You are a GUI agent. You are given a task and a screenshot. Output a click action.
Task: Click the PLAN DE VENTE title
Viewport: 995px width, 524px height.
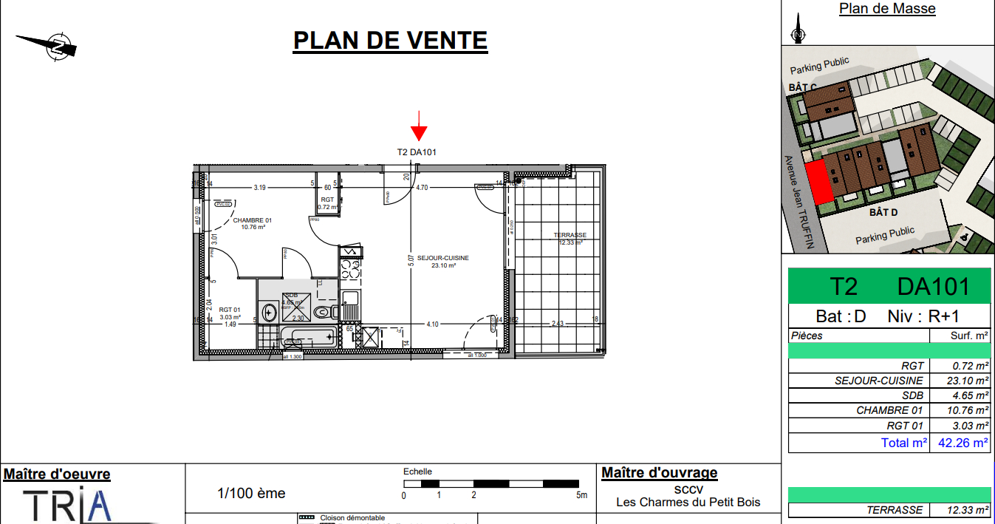(390, 40)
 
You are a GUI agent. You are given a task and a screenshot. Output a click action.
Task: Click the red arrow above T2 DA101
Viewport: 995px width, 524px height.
(419, 126)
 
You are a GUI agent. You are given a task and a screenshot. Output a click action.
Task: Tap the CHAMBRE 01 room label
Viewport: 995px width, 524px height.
(253, 223)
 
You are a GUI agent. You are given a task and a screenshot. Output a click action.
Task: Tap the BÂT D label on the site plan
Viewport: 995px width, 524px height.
(883, 213)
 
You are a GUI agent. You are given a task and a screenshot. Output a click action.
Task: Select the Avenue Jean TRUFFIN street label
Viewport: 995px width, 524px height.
(798, 202)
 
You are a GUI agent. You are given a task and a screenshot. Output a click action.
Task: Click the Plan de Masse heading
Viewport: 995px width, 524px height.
(887, 9)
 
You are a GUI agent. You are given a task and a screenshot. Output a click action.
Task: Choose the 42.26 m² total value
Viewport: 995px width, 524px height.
(962, 443)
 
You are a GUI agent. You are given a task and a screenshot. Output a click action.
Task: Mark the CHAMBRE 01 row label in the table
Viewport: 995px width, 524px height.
(889, 410)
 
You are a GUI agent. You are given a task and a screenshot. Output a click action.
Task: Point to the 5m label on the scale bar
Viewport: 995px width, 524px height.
(582, 495)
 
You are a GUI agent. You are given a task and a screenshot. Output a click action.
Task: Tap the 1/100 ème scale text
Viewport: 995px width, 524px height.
(251, 493)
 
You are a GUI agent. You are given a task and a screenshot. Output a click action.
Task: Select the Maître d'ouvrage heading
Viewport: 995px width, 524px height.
(659, 473)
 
